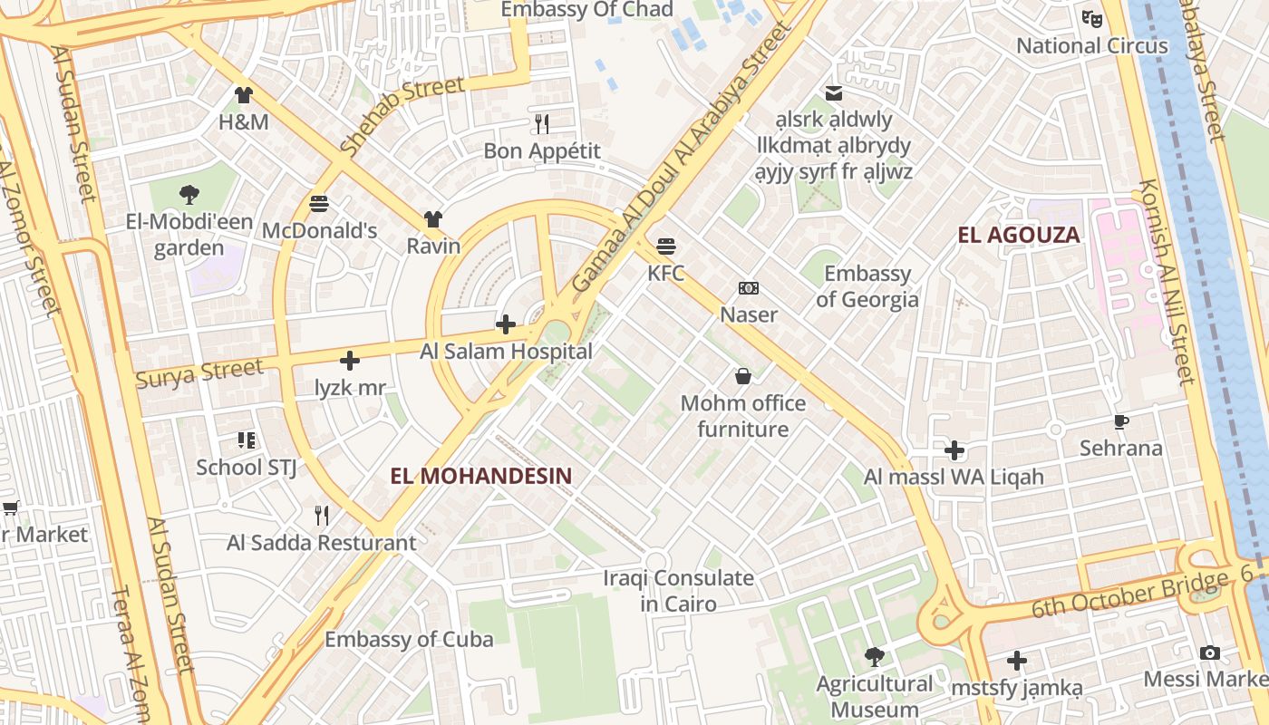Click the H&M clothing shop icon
tap(243, 94)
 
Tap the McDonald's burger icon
tap(318, 204)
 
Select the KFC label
tap(665, 273)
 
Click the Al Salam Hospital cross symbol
tap(506, 324)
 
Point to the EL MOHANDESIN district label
tap(480, 475)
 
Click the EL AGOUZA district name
tap(1019, 236)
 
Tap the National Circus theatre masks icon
tap(1091, 18)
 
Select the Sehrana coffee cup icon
tap(1120, 421)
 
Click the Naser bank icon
tap(749, 288)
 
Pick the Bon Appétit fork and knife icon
tap(542, 123)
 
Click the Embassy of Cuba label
tap(409, 639)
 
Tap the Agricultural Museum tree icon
tap(874, 656)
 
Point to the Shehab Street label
tap(402, 115)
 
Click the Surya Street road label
tap(199, 372)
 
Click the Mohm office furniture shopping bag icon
tap(742, 376)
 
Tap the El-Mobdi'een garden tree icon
tap(189, 193)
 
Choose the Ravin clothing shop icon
tap(433, 219)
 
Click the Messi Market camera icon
tap(1209, 652)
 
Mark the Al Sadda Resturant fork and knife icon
tap(321, 516)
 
